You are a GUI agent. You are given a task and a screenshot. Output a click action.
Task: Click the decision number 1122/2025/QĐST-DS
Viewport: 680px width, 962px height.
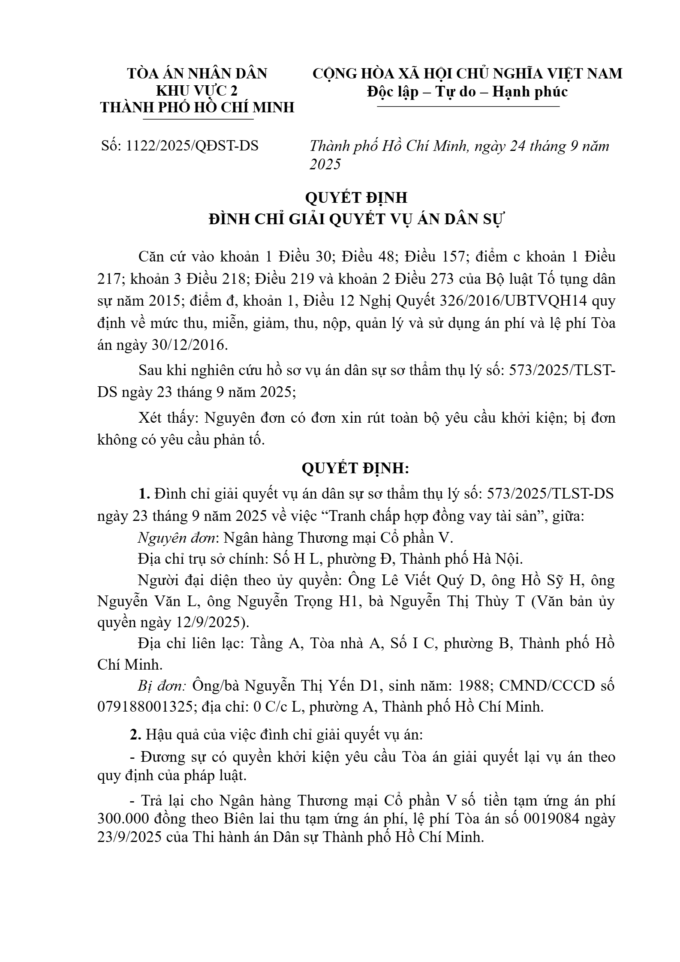pos(192,146)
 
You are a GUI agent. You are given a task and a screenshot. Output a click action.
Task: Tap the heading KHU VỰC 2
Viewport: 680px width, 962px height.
pos(197,91)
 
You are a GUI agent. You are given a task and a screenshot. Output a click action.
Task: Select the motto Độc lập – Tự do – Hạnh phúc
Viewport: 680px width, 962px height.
pos(467,92)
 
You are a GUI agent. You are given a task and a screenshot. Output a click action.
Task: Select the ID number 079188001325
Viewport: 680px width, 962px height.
pos(145,706)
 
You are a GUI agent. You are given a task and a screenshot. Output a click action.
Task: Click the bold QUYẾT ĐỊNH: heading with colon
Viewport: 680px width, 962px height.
pos(355,469)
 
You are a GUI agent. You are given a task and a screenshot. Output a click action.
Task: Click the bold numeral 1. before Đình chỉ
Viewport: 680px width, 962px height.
pos(144,494)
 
